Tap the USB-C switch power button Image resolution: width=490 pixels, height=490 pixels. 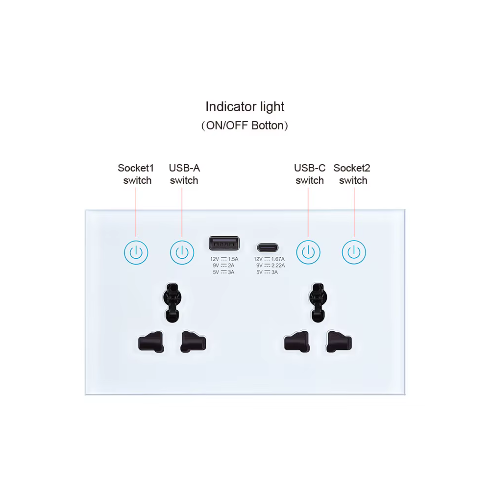coord(308,252)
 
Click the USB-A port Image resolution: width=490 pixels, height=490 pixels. coord(224,244)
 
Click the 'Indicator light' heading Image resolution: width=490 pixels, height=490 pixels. coord(245,106)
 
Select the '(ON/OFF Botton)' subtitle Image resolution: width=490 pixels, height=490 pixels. coord(245,125)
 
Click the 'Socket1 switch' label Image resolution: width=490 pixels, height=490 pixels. coord(136,174)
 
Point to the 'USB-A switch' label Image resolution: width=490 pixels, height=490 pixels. coord(184,174)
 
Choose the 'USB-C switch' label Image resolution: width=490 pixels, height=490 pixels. coord(310,174)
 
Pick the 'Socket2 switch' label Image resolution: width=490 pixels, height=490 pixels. coord(352,174)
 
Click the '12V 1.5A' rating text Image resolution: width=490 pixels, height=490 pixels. coord(224,259)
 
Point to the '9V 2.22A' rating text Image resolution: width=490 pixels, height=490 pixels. coord(269,265)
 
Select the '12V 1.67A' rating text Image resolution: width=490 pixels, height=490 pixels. coord(269,259)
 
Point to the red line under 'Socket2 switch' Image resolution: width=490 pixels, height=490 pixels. coord(354,211)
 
